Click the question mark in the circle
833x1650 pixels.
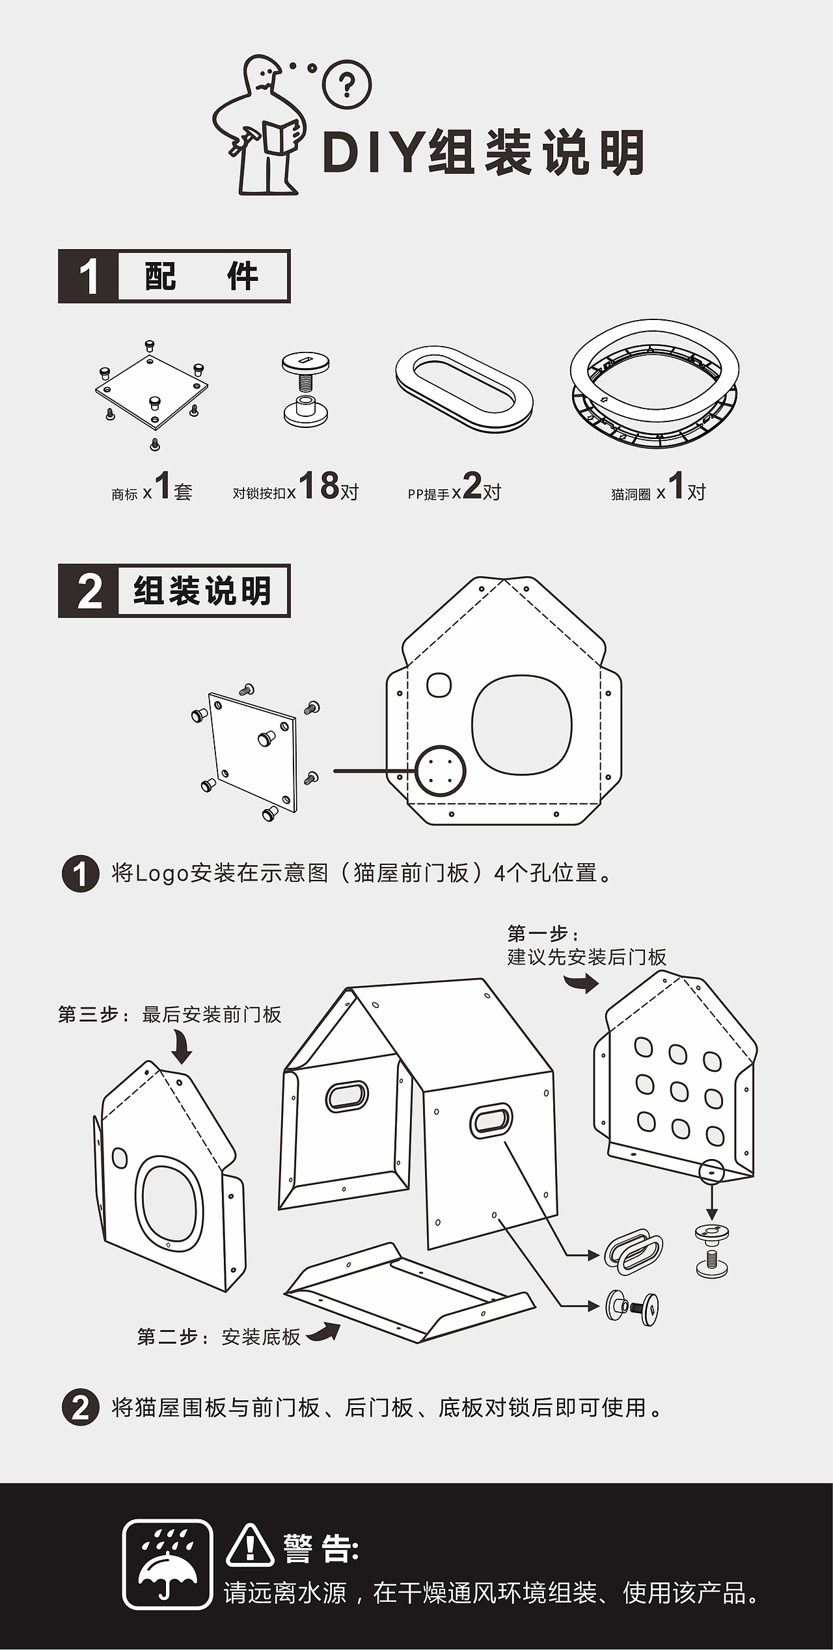point(347,85)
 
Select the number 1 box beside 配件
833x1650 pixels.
point(89,276)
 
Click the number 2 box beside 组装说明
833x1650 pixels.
point(89,591)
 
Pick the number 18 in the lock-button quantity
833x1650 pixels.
point(319,485)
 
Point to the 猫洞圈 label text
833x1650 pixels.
point(631,495)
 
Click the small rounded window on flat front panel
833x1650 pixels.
point(439,685)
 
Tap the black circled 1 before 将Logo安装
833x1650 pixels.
point(80,874)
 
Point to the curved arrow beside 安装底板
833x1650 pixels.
point(323,1333)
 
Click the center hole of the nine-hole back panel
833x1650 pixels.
point(678,1091)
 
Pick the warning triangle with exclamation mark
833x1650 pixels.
point(250,1545)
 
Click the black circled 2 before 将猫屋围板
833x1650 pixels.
point(80,1409)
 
